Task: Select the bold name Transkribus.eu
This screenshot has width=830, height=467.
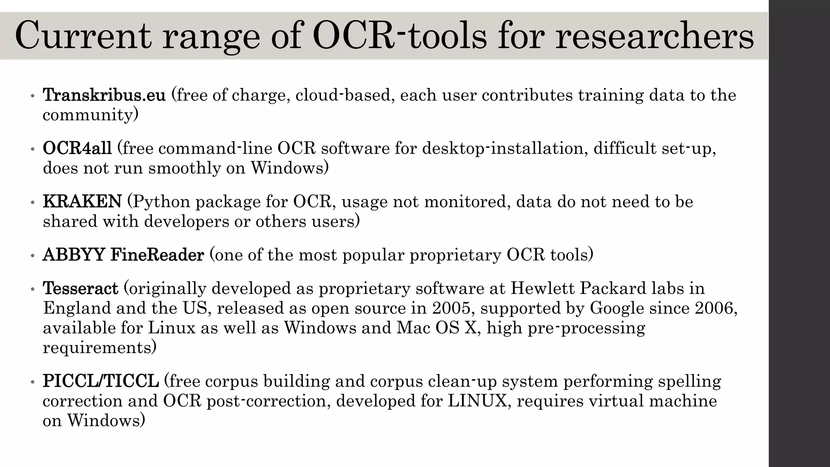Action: coord(104,95)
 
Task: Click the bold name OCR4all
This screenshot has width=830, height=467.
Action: coord(77,148)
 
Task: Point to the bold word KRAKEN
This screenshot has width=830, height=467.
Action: coord(82,201)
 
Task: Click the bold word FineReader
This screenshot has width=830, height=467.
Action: coord(157,255)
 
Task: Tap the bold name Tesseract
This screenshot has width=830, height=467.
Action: coord(81,289)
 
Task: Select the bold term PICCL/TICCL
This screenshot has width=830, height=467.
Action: coord(101,381)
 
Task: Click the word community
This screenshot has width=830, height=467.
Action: coord(88,116)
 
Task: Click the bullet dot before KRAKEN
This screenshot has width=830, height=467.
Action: coord(32,203)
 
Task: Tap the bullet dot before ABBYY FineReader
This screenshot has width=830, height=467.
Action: coord(32,256)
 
